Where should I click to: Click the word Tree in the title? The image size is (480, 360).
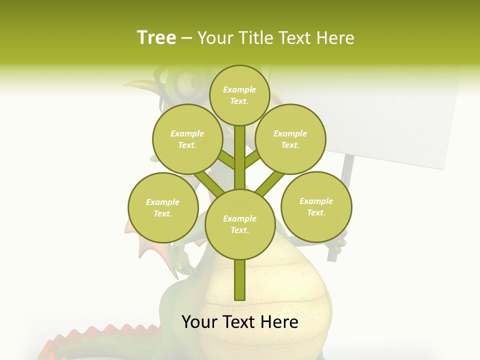pos(156,37)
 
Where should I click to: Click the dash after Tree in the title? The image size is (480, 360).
pos(186,38)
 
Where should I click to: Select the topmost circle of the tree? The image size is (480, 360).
pos(239,95)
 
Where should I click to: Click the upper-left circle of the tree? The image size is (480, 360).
pos(187,139)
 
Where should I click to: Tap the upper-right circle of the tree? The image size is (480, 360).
pos(290,139)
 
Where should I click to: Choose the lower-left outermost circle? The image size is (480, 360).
pos(163,207)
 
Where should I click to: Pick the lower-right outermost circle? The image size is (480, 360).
pos(316,206)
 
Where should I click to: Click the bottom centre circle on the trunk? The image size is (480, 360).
pos(239,224)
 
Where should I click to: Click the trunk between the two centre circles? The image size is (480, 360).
pos(239,157)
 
